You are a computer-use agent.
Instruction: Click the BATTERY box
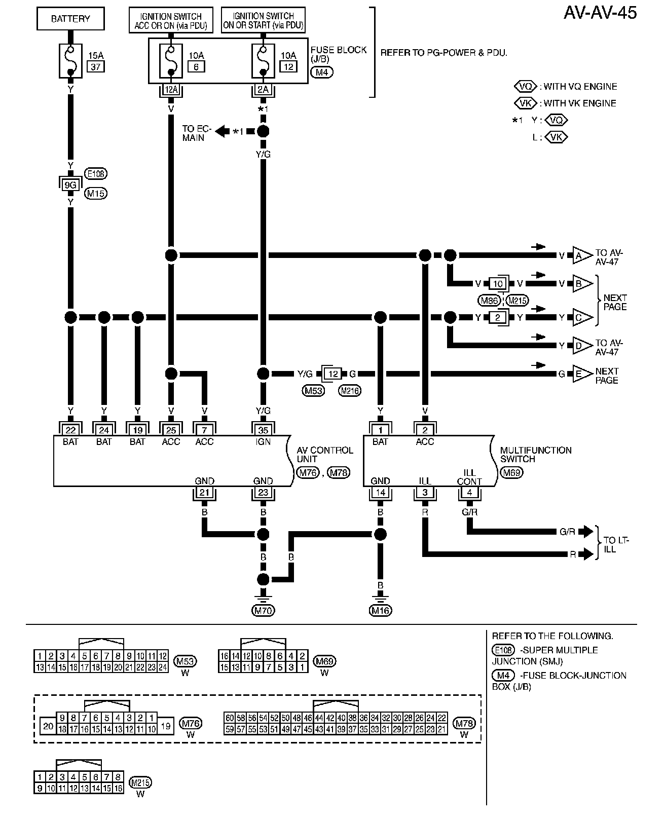click(70, 19)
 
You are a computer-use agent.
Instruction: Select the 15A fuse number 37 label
click(96, 66)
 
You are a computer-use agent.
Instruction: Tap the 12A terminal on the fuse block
click(171, 90)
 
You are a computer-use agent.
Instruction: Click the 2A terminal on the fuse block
click(263, 90)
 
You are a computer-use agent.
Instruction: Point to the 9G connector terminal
click(70, 184)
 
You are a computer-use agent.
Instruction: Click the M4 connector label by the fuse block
click(322, 72)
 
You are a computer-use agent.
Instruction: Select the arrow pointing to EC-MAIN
click(221, 131)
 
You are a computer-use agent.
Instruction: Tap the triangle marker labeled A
click(581, 255)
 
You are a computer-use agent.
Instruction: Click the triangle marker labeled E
click(581, 374)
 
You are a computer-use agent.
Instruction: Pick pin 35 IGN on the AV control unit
click(263, 430)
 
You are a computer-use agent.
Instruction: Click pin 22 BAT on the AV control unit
click(70, 430)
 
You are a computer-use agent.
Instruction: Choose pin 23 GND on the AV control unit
click(263, 492)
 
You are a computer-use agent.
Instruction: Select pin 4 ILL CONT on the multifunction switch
click(469, 492)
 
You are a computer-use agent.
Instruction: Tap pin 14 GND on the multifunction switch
click(380, 492)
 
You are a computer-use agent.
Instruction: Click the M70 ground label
click(263, 610)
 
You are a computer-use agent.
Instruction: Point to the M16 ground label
click(380, 610)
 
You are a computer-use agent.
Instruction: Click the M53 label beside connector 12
click(314, 390)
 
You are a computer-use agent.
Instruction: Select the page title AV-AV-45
click(600, 12)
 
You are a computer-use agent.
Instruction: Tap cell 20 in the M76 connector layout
click(48, 726)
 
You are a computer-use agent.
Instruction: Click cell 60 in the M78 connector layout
click(230, 718)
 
